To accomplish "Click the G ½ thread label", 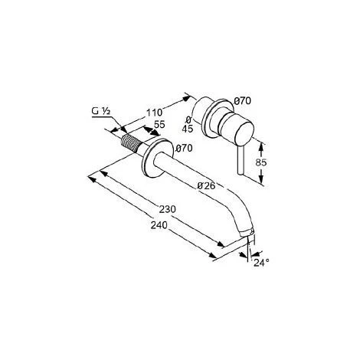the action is pyautogui.click(x=101, y=111).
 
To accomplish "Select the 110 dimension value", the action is pyautogui.click(x=154, y=113).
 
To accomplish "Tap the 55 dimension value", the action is pyautogui.click(x=159, y=124).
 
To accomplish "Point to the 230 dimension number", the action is pyautogui.click(x=168, y=209).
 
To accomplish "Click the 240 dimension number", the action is pyautogui.click(x=159, y=225).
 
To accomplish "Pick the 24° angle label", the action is pyautogui.click(x=261, y=263).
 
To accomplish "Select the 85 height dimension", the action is pyautogui.click(x=261, y=162).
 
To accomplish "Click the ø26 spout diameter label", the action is pyautogui.click(x=206, y=186).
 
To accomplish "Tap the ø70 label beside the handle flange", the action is pyautogui.click(x=243, y=101).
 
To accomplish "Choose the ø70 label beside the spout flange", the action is pyautogui.click(x=184, y=148).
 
